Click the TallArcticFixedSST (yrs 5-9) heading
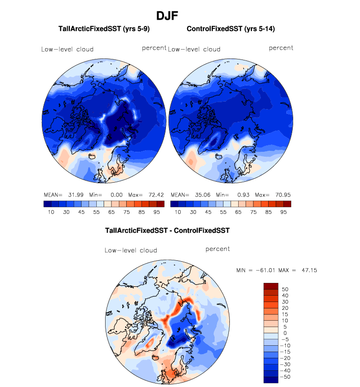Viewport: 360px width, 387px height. pyautogui.click(x=104, y=29)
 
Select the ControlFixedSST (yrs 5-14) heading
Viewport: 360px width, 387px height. pyautogui.click(x=230, y=29)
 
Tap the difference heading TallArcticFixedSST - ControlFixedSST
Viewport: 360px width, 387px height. pyautogui.click(x=167, y=230)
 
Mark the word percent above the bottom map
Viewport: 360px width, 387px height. pyautogui.click(x=218, y=249)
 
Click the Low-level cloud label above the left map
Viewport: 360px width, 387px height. pyautogui.click(x=67, y=49)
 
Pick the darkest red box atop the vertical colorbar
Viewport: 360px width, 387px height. pyautogui.click(x=271, y=286)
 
